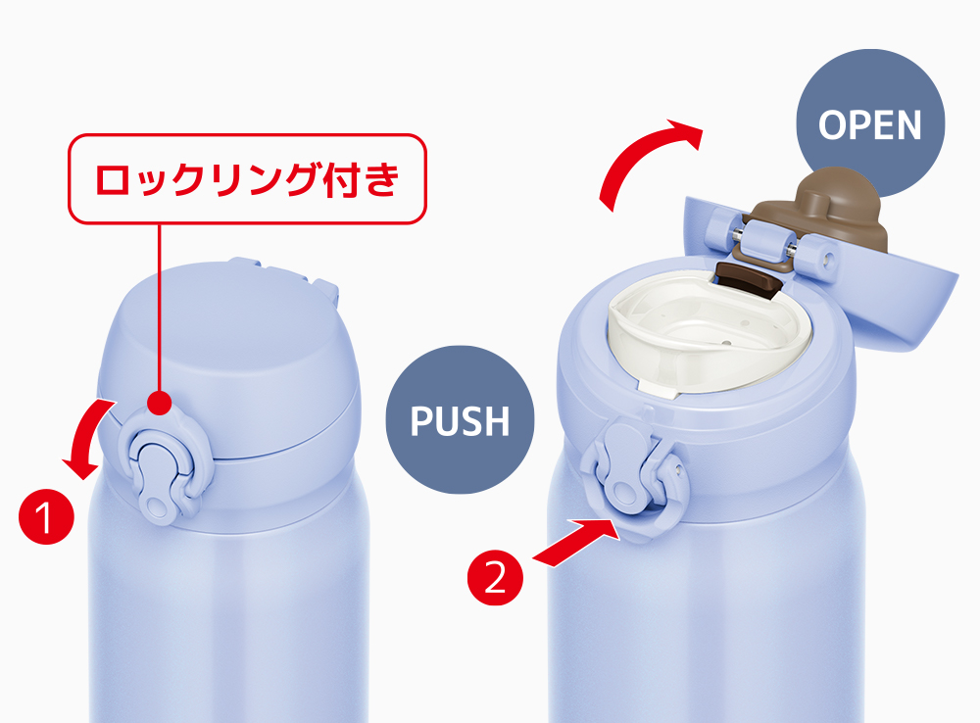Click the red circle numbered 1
pyautogui.click(x=46, y=517)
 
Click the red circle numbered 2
pyautogui.click(x=495, y=578)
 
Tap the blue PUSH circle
pyautogui.click(x=460, y=420)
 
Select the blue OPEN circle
pyautogui.click(x=870, y=123)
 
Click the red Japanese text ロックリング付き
pyautogui.click(x=247, y=179)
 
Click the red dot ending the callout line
pyautogui.click(x=160, y=403)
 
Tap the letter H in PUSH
pyautogui.click(x=497, y=421)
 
